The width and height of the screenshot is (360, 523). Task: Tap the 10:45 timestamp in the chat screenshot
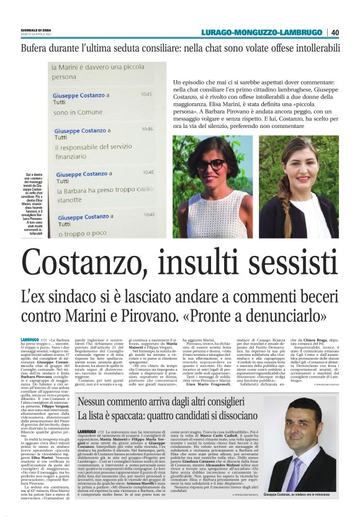coord(146,95)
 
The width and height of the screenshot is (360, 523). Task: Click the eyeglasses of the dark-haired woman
coord(210,165)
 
